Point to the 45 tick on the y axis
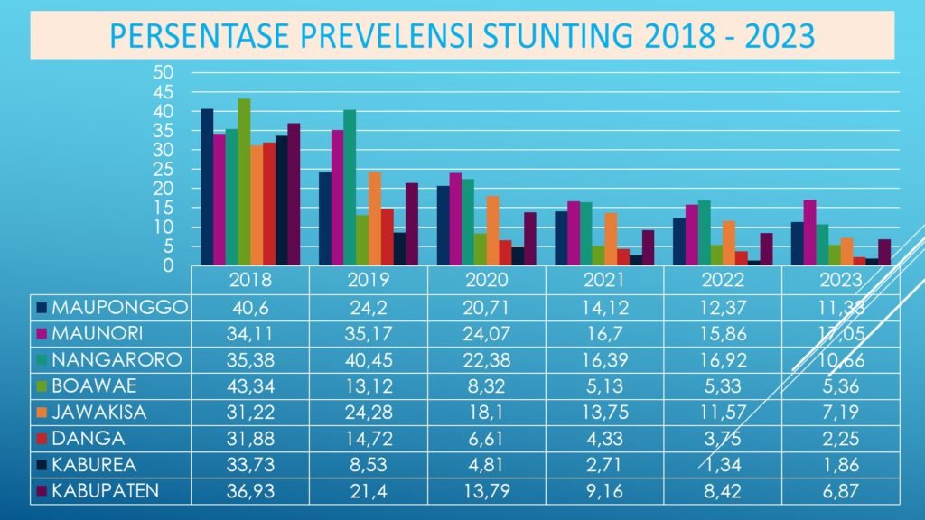point(163,92)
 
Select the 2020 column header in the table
point(486,280)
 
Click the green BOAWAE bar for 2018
point(244,181)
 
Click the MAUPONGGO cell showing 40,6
point(250,307)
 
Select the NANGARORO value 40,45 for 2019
point(368,359)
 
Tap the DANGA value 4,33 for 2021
point(604,438)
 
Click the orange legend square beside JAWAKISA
point(42,413)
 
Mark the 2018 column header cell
point(250,280)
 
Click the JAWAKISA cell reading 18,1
point(486,412)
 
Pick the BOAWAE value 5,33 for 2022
point(723,385)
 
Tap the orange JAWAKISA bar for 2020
point(492,230)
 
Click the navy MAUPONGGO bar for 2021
point(561,238)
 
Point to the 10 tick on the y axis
point(163,227)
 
